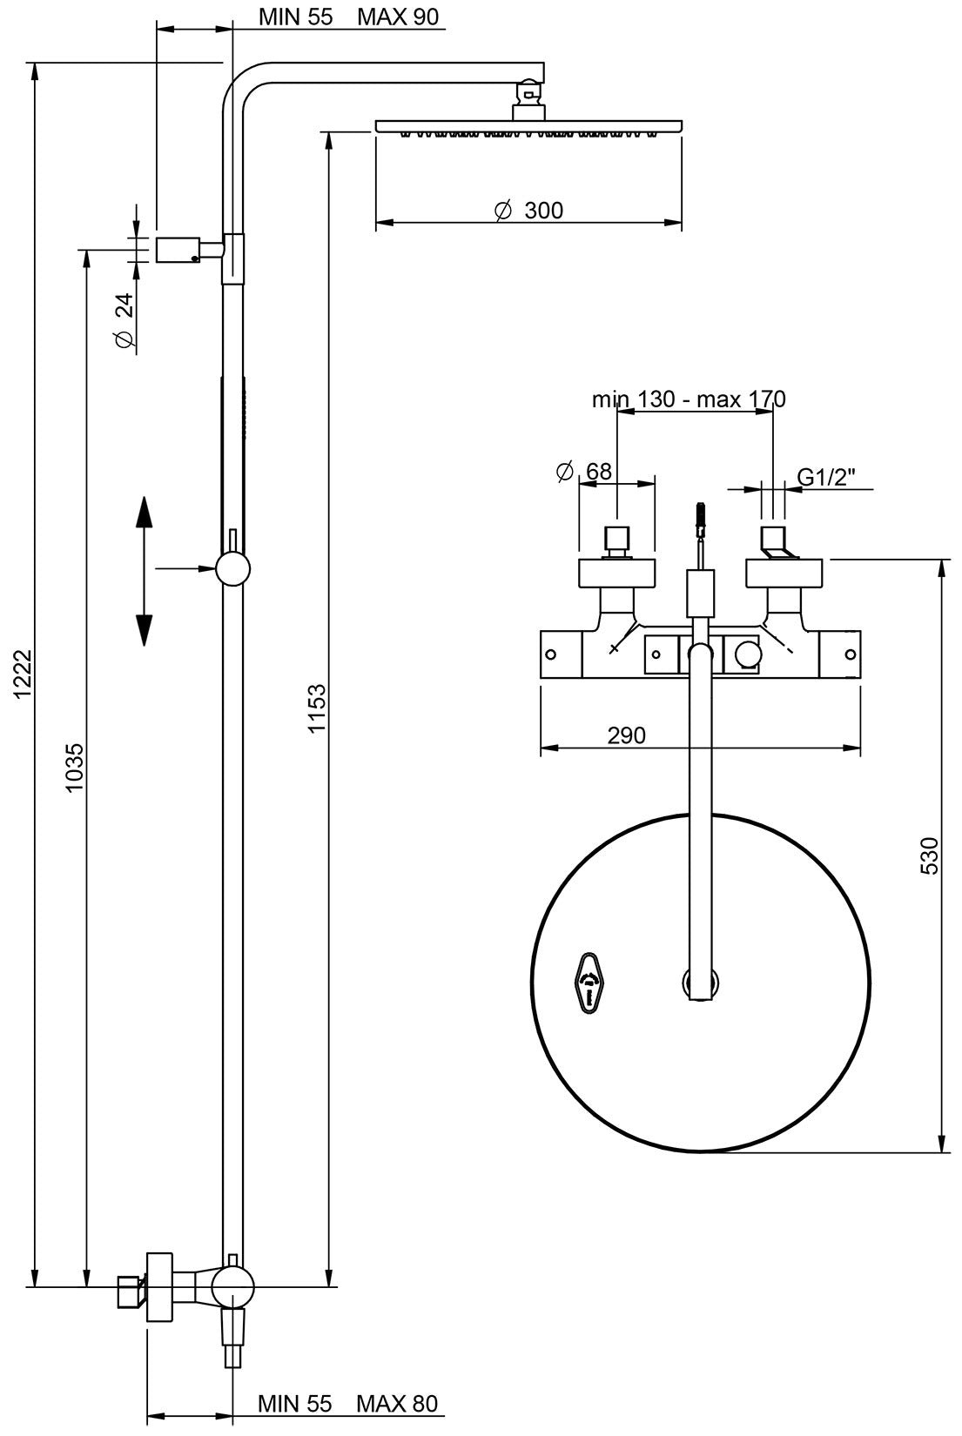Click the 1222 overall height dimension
coord(24,673)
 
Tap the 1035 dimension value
coord(75,766)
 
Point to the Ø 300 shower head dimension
coord(528,211)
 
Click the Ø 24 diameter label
coord(124,320)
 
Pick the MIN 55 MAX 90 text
coord(348,17)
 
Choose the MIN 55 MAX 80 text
coord(347,1403)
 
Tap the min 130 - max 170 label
coord(689,399)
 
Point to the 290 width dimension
coord(627,735)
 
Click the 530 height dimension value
coord(929,855)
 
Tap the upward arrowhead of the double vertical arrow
coord(144,513)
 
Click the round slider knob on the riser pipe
coord(233,569)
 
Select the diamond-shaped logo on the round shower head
coord(589,983)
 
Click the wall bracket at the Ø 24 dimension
coord(178,250)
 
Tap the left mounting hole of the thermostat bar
coord(550,654)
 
